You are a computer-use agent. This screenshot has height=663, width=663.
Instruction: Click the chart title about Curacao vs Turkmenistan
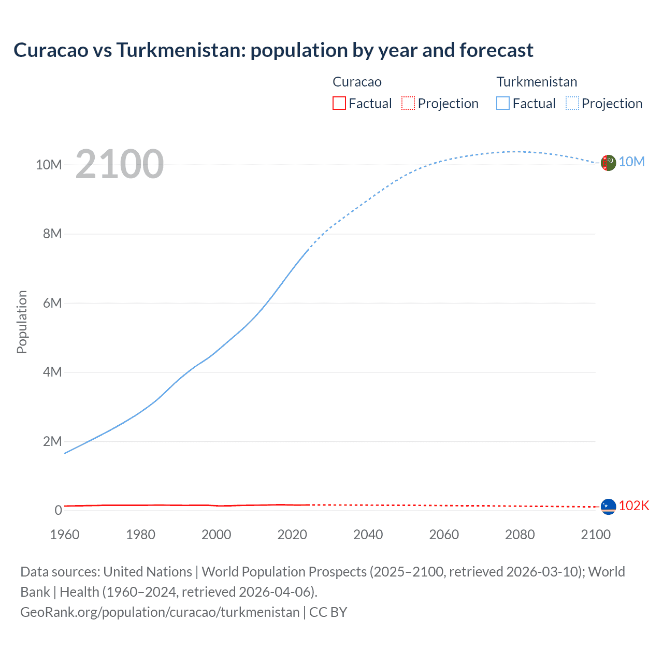point(273,50)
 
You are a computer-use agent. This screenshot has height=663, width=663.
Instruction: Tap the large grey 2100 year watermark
point(120,164)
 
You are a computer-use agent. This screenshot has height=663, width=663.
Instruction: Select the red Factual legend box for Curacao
point(339,103)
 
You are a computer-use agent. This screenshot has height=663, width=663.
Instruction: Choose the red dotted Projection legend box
point(408,103)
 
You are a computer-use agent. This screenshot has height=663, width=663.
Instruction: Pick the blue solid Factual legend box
point(503,103)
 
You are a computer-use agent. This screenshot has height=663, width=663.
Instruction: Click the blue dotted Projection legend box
point(572,103)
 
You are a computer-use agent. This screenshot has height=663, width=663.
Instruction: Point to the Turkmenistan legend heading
point(537,82)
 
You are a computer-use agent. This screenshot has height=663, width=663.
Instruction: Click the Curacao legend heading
point(357,82)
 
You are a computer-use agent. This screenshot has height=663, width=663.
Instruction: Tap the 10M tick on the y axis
point(49,165)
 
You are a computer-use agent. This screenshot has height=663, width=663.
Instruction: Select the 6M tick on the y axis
point(52,303)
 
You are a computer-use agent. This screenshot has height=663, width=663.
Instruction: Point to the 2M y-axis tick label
point(52,441)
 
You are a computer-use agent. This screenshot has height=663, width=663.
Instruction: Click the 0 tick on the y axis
point(58,510)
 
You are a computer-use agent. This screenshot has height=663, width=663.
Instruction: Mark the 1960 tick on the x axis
point(65,535)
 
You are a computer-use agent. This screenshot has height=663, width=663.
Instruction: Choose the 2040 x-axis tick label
point(368,535)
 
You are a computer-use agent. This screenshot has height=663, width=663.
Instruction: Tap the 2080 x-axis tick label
point(520,535)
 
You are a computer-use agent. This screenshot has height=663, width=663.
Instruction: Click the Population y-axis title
point(22,322)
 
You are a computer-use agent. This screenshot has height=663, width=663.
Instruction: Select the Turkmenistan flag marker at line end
point(608,163)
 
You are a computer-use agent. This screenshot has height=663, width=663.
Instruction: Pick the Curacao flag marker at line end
point(608,507)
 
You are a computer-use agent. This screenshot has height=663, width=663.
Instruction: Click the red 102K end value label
point(634,506)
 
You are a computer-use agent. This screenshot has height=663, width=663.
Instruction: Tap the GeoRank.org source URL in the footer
point(160,612)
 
